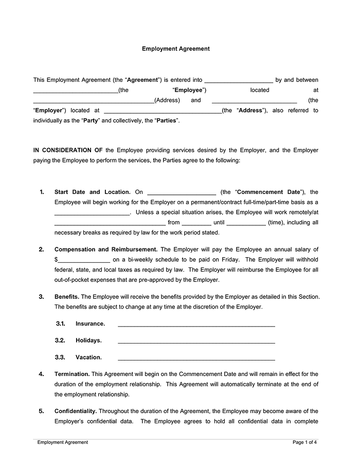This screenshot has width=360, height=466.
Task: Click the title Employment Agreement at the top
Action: [175, 49]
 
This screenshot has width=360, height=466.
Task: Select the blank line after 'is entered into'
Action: [239, 81]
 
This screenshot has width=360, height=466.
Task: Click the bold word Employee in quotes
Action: [189, 90]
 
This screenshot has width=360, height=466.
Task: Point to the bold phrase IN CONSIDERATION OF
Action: [68, 150]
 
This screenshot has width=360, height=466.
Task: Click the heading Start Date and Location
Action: [92, 192]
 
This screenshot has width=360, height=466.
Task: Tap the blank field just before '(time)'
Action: [246, 224]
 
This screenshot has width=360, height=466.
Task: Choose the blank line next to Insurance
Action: [196, 325]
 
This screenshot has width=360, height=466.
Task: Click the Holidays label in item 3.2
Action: [88, 340]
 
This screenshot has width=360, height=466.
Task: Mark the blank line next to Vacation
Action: [196, 359]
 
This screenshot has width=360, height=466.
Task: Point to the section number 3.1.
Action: [60, 324]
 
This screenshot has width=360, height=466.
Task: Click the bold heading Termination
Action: [72, 374]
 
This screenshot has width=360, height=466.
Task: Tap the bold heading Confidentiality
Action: [76, 411]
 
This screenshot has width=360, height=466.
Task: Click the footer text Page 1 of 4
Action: [304, 442]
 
